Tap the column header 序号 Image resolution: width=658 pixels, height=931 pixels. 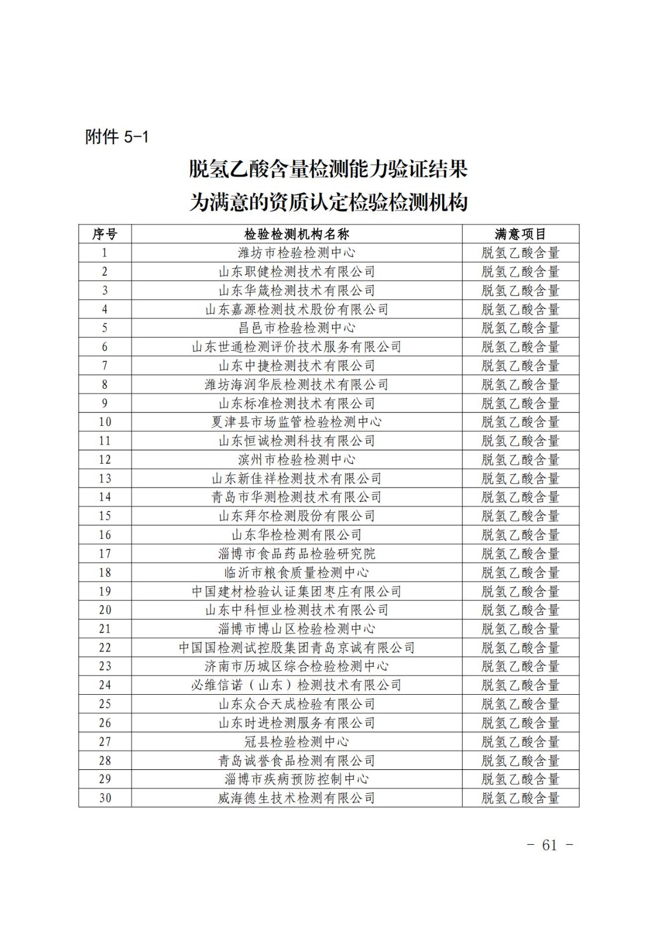[105, 234]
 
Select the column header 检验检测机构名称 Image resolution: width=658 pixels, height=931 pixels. [297, 234]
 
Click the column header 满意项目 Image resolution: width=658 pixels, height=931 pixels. [520, 234]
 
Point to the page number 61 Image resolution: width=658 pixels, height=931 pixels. [549, 845]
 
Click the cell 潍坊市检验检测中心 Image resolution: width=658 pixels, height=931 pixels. [297, 253]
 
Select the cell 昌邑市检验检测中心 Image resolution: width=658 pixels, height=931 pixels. [297, 328]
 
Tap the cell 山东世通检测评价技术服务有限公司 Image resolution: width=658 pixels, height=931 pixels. [297, 347]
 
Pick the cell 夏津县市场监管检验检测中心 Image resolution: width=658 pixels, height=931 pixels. [297, 422]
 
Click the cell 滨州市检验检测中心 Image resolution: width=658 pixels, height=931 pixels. [297, 459]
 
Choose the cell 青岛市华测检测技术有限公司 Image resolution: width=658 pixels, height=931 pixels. [297, 497]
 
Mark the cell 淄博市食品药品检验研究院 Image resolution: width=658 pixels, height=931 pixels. [297, 553]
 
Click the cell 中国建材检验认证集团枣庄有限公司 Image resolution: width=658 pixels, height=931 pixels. [297, 591]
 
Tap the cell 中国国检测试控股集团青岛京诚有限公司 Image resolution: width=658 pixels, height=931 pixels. [297, 648]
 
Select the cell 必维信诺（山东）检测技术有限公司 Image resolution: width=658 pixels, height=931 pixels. [297, 685]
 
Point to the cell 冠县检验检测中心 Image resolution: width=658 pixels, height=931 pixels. [297, 741]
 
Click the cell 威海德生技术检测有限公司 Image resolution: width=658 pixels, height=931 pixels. [297, 798]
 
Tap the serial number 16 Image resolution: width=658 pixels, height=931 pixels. [105, 535]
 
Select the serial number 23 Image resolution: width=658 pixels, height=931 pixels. [105, 666]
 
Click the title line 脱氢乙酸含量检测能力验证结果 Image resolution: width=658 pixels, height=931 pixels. [329, 169]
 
